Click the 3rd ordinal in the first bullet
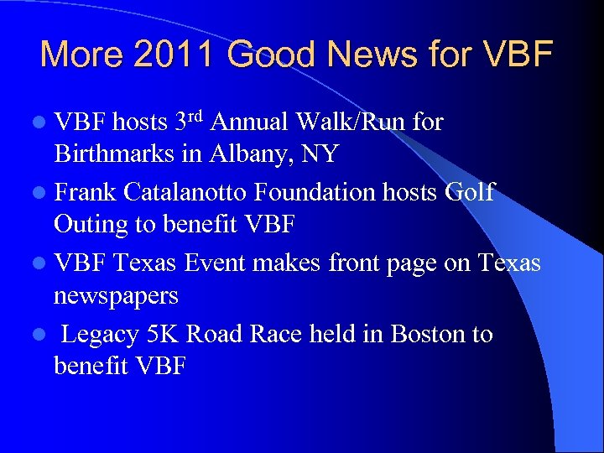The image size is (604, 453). tap(190, 122)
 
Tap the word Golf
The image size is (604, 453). tap(469, 193)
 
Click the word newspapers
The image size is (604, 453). tap(116, 297)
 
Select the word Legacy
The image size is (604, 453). tap(100, 335)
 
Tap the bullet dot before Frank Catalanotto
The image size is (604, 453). tap(42, 194)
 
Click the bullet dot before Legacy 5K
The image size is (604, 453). tap(42, 335)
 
